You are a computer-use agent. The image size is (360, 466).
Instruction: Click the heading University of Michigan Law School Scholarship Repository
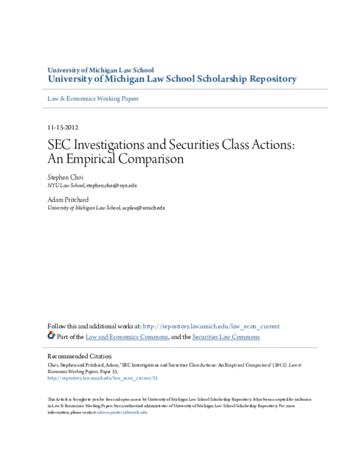click(172, 79)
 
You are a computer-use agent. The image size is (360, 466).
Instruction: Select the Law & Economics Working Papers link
click(93, 98)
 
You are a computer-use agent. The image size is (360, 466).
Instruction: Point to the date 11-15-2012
click(62, 127)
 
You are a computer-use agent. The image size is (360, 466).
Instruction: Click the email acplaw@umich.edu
click(143, 207)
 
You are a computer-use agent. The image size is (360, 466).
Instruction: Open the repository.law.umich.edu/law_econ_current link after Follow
click(211, 327)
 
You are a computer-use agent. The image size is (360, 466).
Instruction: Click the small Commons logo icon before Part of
click(51, 336)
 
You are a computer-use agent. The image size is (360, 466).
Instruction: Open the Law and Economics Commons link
click(127, 337)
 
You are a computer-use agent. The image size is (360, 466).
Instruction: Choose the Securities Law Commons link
click(226, 337)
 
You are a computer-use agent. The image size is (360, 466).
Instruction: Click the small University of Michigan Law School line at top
click(101, 70)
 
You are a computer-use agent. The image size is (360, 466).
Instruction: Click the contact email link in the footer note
click(126, 413)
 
